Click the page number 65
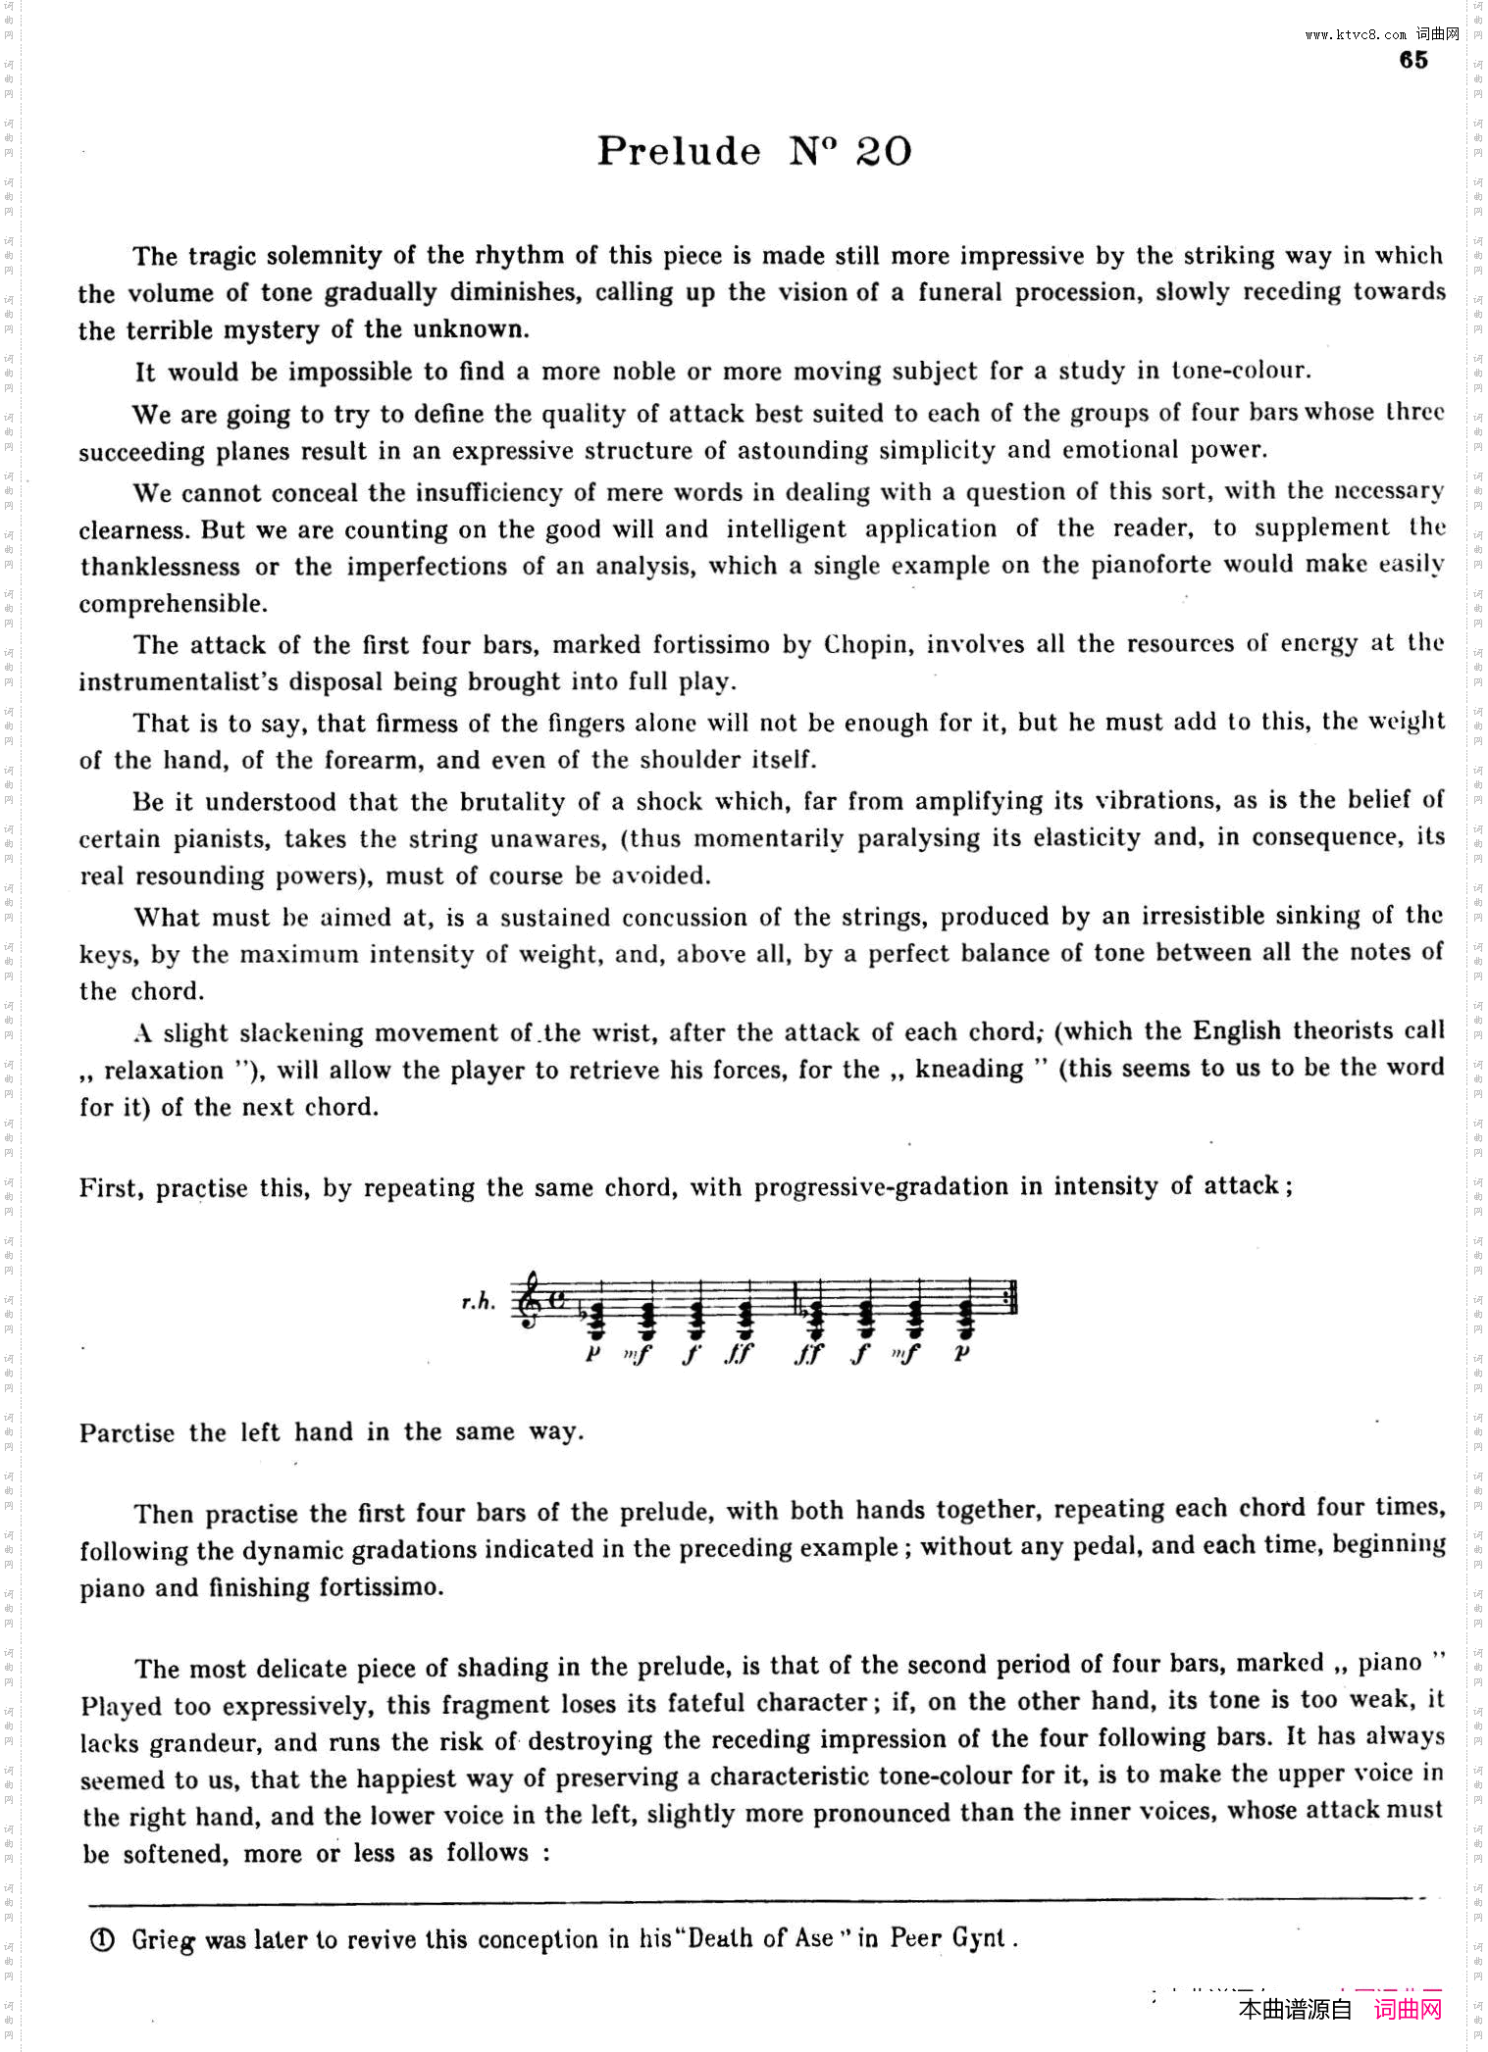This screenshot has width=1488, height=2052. click(1412, 61)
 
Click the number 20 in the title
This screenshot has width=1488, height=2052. click(884, 151)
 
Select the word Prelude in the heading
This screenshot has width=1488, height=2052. click(679, 151)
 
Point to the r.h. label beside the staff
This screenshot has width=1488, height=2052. click(478, 1302)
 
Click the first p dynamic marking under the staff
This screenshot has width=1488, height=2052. click(591, 1353)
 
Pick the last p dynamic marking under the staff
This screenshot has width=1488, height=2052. click(962, 1353)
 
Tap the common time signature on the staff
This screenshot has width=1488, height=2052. click(557, 1300)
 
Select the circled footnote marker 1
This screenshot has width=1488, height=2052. click(101, 1940)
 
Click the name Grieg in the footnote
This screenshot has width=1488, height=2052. click(163, 1940)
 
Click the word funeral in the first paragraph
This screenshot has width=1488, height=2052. click(959, 292)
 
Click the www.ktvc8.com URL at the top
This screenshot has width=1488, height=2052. click(1356, 34)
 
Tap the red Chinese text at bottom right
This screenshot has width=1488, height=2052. click(1409, 2009)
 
